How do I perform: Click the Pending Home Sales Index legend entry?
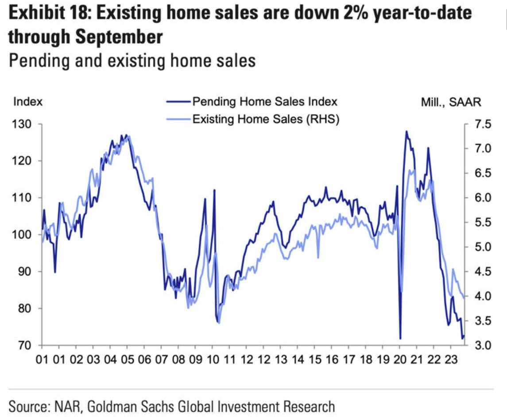pos(265,102)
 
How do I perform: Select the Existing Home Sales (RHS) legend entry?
pos(265,119)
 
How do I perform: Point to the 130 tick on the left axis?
pos(22,124)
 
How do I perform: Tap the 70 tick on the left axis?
pos(25,345)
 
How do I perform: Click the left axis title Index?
pos(28,102)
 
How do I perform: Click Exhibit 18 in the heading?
pos(50,15)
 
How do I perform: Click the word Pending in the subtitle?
pos(35,60)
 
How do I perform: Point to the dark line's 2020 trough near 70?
pos(400,339)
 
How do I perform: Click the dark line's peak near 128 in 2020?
pos(406,131)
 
